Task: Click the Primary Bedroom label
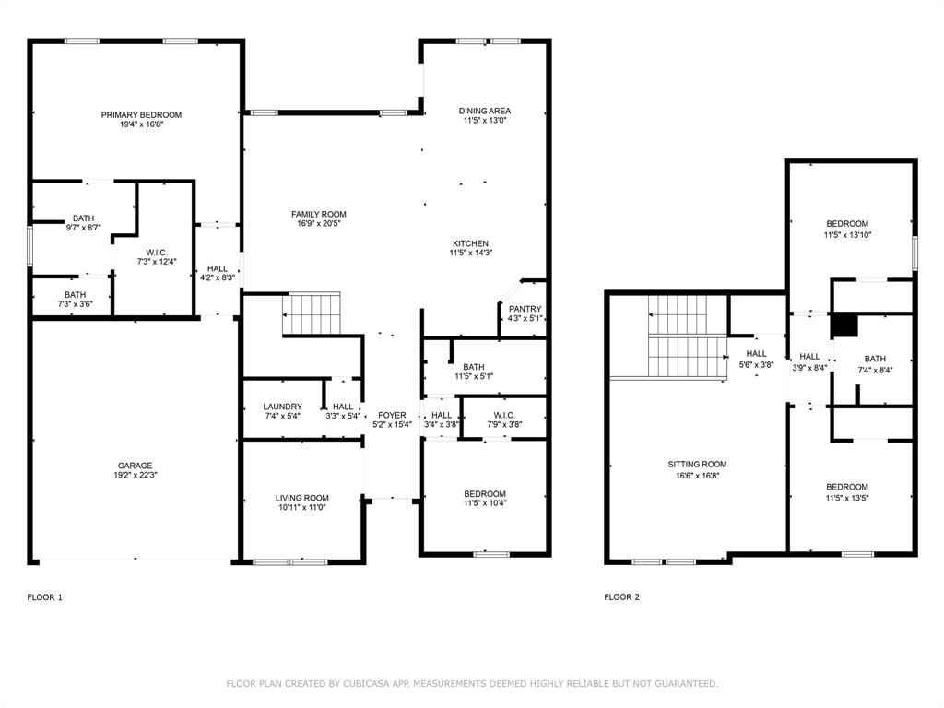141,115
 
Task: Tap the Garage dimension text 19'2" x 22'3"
135,476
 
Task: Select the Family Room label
319,215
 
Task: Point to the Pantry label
525,309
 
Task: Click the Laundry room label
282,407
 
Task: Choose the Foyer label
391,415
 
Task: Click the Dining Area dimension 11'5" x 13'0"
485,121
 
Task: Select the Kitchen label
469,243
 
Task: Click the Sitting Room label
697,465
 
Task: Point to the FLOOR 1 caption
45,597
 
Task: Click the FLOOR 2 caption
621,597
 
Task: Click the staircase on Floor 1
312,314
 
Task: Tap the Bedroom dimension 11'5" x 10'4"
485,503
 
